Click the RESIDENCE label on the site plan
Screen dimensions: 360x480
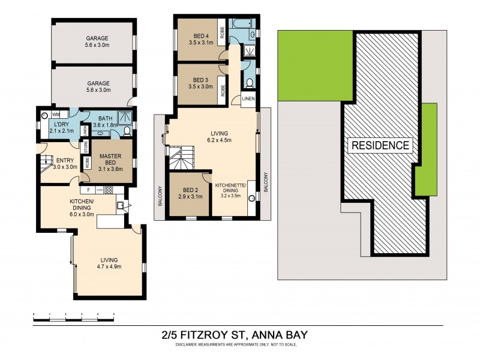[x=380, y=145]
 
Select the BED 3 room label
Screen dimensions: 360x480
[x=201, y=83]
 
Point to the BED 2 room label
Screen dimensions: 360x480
[x=189, y=192]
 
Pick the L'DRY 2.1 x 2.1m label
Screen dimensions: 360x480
[x=61, y=127]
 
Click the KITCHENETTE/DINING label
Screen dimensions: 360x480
[x=234, y=190]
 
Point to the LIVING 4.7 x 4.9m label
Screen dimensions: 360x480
[x=109, y=264]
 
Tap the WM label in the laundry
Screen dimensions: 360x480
[x=56, y=114]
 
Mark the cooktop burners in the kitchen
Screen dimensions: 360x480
[x=109, y=191]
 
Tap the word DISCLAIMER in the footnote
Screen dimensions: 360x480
[x=190, y=345]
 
